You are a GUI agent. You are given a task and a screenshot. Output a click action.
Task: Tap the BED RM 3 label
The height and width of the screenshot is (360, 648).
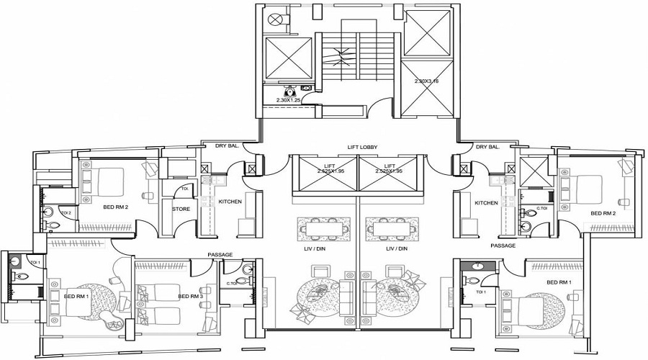(x=191, y=297)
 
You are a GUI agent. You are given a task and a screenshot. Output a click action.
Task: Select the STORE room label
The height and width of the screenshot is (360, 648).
(x=181, y=210)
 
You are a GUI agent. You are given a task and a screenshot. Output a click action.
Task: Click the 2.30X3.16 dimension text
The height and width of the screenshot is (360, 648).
(x=426, y=81)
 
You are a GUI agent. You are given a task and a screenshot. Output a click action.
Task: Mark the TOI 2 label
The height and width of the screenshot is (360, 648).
(x=66, y=213)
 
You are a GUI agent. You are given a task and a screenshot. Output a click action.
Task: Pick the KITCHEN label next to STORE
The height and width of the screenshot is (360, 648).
(x=230, y=202)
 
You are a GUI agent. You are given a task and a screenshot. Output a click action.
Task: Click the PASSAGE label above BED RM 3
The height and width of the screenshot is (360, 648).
(x=220, y=254)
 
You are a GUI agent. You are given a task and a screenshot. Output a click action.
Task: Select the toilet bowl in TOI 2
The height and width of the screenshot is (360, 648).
(x=53, y=225)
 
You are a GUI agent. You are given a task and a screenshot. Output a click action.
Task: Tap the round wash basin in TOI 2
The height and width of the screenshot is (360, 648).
(x=50, y=212)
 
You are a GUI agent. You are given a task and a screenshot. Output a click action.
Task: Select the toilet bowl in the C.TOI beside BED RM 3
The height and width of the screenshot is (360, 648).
(x=248, y=271)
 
